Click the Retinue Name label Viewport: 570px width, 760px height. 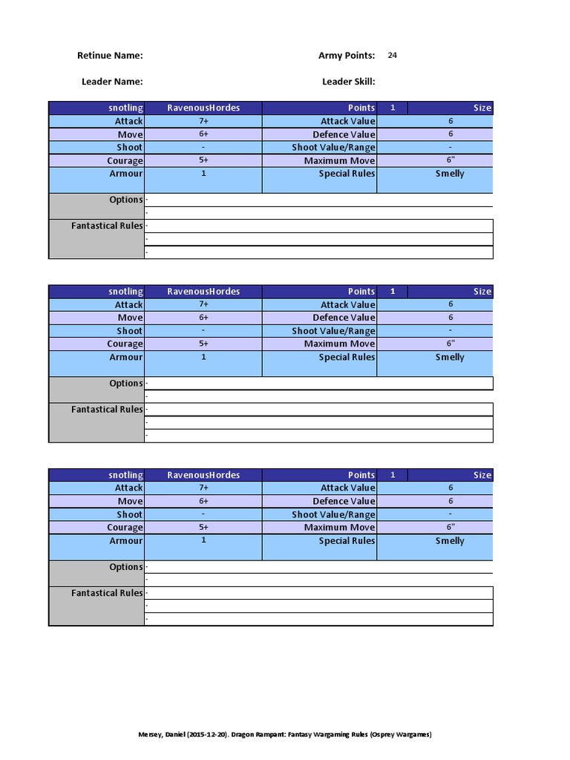point(110,56)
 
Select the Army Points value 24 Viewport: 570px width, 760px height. point(393,55)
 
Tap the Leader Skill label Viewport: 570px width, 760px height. point(348,82)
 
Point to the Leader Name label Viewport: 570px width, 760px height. point(112,82)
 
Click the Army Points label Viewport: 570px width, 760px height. point(347,56)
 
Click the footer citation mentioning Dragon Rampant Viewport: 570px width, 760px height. point(285,735)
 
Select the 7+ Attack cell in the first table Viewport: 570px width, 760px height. point(203,121)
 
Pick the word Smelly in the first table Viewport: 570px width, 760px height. point(450,174)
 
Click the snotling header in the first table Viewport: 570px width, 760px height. point(125,108)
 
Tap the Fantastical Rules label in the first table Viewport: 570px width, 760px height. point(107,226)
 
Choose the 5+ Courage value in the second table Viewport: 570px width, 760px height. point(203,344)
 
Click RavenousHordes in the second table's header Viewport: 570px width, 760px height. point(203,292)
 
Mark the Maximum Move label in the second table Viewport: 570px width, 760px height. point(339,344)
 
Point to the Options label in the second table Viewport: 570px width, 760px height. point(125,384)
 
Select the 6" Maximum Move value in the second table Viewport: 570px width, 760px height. point(450,344)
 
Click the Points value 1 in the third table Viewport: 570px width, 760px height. point(393,475)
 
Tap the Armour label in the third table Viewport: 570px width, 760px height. point(125,541)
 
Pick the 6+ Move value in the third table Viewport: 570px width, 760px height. point(203,501)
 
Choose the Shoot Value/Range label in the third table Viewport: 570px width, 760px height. point(333,514)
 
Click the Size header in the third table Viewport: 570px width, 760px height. point(482,475)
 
